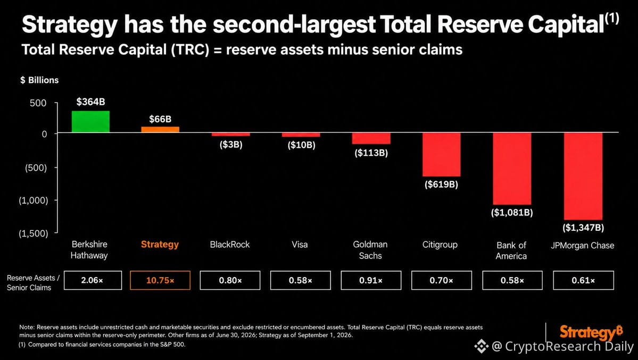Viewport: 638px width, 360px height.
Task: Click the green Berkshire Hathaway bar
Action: pyautogui.click(x=91, y=122)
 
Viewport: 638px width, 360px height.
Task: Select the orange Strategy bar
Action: pyautogui.click(x=160, y=130)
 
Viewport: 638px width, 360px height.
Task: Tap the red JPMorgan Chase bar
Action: pyautogui.click(x=583, y=176)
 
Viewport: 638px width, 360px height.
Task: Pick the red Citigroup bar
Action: pyautogui.click(x=442, y=155)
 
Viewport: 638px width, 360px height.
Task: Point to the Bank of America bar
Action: pyautogui.click(x=512, y=169)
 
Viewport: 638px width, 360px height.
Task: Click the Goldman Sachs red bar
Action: pyautogui.click(x=371, y=138)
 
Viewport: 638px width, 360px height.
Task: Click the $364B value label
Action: pyautogui.click(x=91, y=102)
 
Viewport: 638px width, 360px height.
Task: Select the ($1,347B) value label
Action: pyautogui.click(x=583, y=228)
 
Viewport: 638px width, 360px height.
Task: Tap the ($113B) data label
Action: pyautogui.click(x=371, y=153)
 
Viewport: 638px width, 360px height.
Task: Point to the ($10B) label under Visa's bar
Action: pyautogui.click(x=301, y=145)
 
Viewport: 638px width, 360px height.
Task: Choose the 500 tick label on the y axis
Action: pyautogui.click(x=38, y=103)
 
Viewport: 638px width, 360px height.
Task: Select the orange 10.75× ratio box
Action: pyautogui.click(x=160, y=280)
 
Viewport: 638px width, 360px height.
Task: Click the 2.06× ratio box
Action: pyautogui.click(x=93, y=280)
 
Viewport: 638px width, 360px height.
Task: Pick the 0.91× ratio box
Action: pyautogui.click(x=371, y=280)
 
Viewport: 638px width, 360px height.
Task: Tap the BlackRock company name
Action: pyautogui.click(x=230, y=245)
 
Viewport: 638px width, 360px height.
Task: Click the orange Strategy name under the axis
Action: pyautogui.click(x=160, y=245)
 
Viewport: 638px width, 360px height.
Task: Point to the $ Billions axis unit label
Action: pyautogui.click(x=39, y=80)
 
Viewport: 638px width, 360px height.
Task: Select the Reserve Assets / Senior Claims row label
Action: pyautogui.click(x=33, y=283)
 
